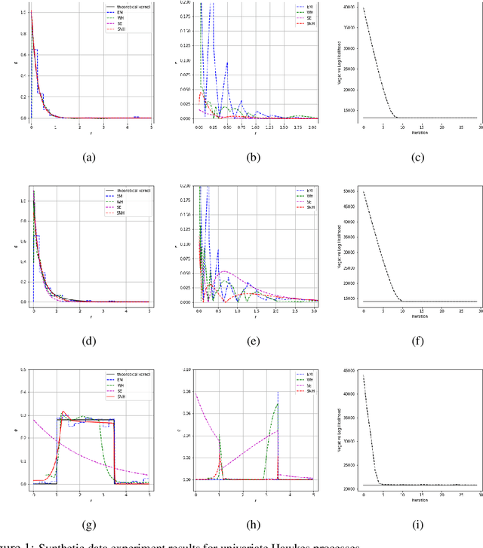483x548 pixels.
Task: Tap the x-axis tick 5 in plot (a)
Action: point(152,127)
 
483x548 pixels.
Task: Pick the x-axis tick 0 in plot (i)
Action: point(364,493)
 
